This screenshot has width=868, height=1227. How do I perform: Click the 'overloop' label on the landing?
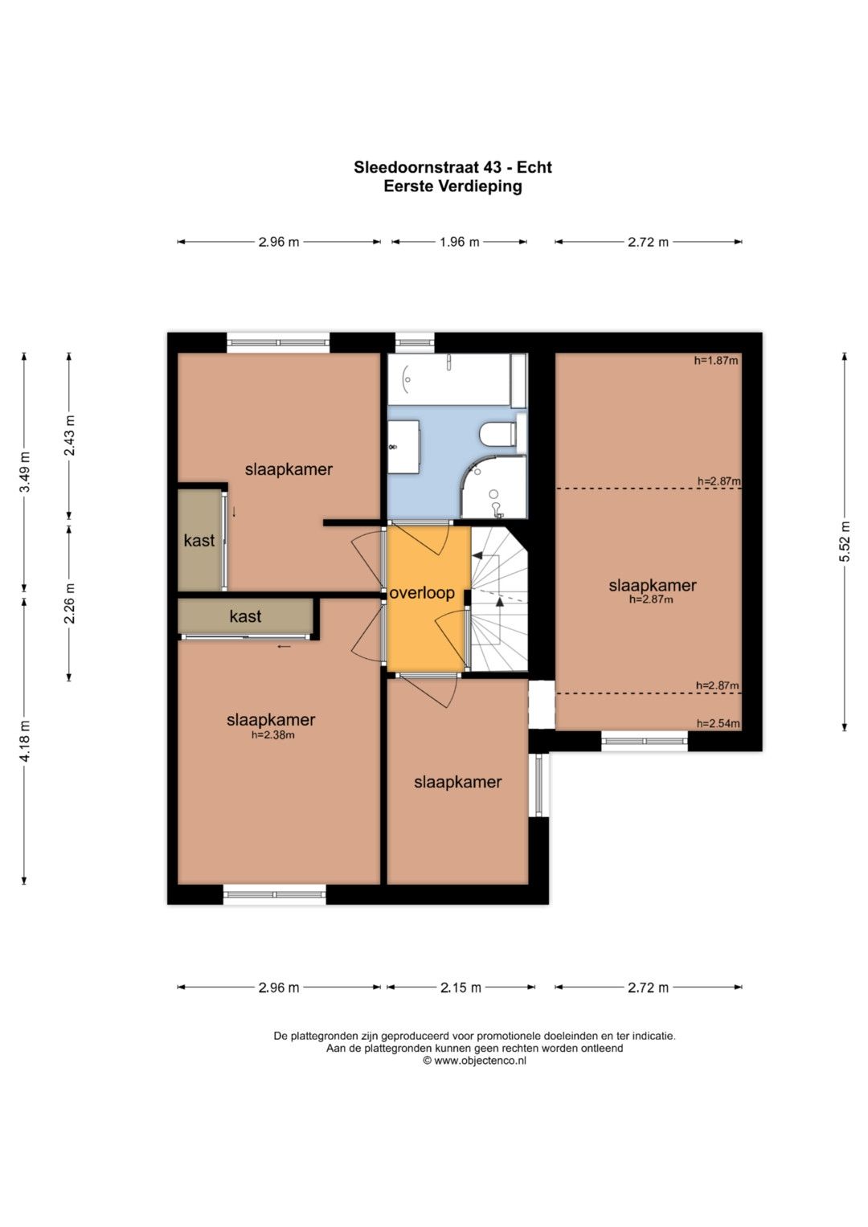pyautogui.click(x=422, y=593)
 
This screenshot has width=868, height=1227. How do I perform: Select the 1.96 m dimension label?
pyautogui.click(x=459, y=242)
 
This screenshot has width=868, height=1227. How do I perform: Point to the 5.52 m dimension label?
pyautogui.click(x=845, y=542)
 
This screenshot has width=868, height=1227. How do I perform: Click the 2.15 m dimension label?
pyautogui.click(x=461, y=987)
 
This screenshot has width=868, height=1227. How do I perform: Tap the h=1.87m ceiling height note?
pyautogui.click(x=715, y=361)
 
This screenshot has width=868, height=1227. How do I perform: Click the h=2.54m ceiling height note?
pyautogui.click(x=718, y=724)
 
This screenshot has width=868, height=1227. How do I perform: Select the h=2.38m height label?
pyautogui.click(x=273, y=735)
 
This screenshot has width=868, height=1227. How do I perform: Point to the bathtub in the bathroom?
pyautogui.click(x=457, y=379)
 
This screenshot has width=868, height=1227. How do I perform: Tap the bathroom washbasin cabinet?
pyautogui.click(x=403, y=447)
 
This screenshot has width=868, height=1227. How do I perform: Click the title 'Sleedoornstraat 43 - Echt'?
pyautogui.click(x=452, y=167)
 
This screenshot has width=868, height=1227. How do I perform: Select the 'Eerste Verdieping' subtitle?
pyautogui.click(x=452, y=186)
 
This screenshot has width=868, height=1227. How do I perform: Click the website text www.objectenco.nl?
pyautogui.click(x=480, y=1061)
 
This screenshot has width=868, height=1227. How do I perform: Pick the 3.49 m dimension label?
pyautogui.click(x=25, y=472)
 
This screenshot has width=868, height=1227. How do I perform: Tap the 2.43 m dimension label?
pyautogui.click(x=70, y=436)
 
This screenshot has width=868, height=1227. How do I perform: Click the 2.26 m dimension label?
pyautogui.click(x=70, y=603)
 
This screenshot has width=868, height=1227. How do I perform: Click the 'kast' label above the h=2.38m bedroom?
pyautogui.click(x=245, y=616)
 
